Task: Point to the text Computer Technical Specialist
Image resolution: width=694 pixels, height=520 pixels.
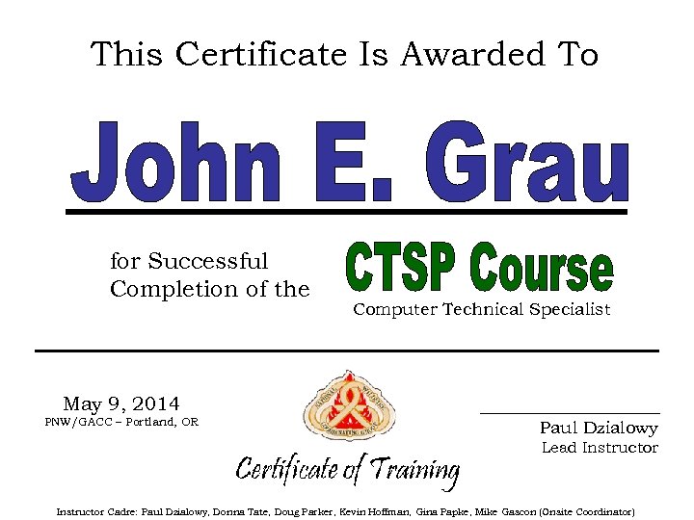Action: (481, 310)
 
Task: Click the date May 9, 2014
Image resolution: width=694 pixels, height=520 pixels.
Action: (121, 403)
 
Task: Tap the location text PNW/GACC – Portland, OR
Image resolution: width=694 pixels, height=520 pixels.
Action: (121, 422)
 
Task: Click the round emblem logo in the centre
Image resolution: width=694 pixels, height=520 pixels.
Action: (349, 407)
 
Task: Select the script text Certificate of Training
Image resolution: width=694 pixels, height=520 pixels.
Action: (347, 470)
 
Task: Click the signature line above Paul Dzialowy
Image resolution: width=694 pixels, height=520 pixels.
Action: (570, 413)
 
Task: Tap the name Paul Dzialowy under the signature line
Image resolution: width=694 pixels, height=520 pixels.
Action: (599, 429)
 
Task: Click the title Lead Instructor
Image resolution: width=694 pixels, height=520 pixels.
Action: (600, 448)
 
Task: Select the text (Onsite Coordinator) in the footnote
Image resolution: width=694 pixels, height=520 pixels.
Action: (587, 511)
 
